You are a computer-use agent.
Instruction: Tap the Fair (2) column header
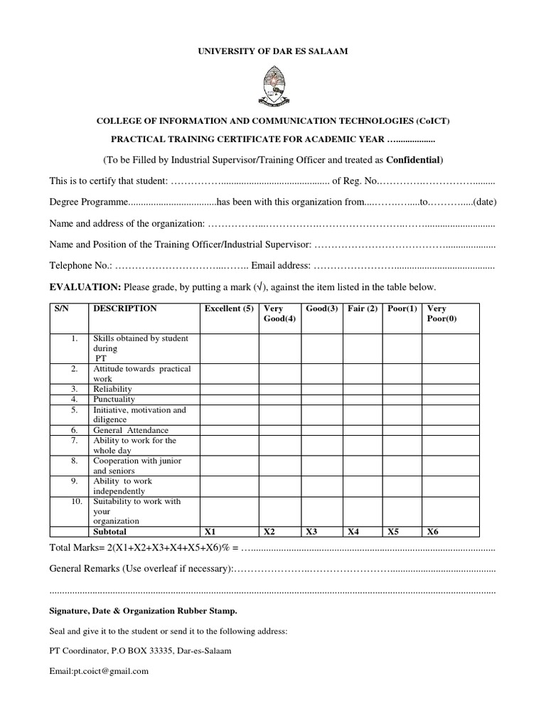[363, 309]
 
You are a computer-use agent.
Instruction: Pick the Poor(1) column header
[402, 309]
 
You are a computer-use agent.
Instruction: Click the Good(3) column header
[321, 309]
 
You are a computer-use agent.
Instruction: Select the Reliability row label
[113, 390]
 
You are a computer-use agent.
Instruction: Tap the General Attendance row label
[131, 430]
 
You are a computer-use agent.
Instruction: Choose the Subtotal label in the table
[109, 531]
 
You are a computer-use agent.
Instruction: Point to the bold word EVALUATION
[85, 287]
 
